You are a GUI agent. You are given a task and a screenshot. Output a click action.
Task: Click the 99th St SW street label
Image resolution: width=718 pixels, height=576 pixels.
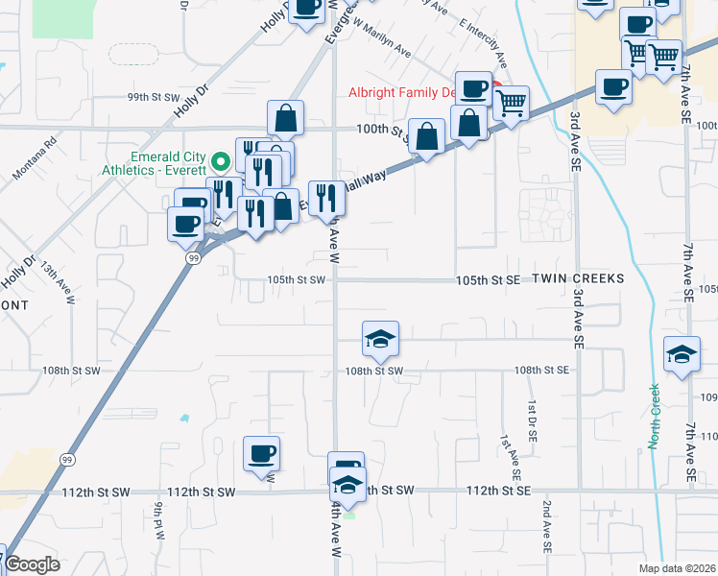(x=128, y=97)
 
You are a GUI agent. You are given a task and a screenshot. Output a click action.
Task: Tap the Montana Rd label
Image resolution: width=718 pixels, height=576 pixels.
(x=36, y=158)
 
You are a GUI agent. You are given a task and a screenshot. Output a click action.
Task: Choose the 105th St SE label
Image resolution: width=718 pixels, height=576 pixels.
(x=489, y=279)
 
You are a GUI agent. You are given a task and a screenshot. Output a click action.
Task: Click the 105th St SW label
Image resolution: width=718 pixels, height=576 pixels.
(x=297, y=279)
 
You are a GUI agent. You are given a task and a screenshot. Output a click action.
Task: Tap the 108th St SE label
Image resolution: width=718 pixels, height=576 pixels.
(x=542, y=370)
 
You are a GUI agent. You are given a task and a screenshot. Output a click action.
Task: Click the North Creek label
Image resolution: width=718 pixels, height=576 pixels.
(x=654, y=416)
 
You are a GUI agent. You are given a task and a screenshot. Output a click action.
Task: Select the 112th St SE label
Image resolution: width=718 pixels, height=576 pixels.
(x=498, y=490)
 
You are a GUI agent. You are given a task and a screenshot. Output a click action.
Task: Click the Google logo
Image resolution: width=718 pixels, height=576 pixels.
(x=31, y=564)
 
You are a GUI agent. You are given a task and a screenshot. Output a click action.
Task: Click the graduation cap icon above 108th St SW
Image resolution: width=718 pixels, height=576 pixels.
(x=380, y=338)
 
